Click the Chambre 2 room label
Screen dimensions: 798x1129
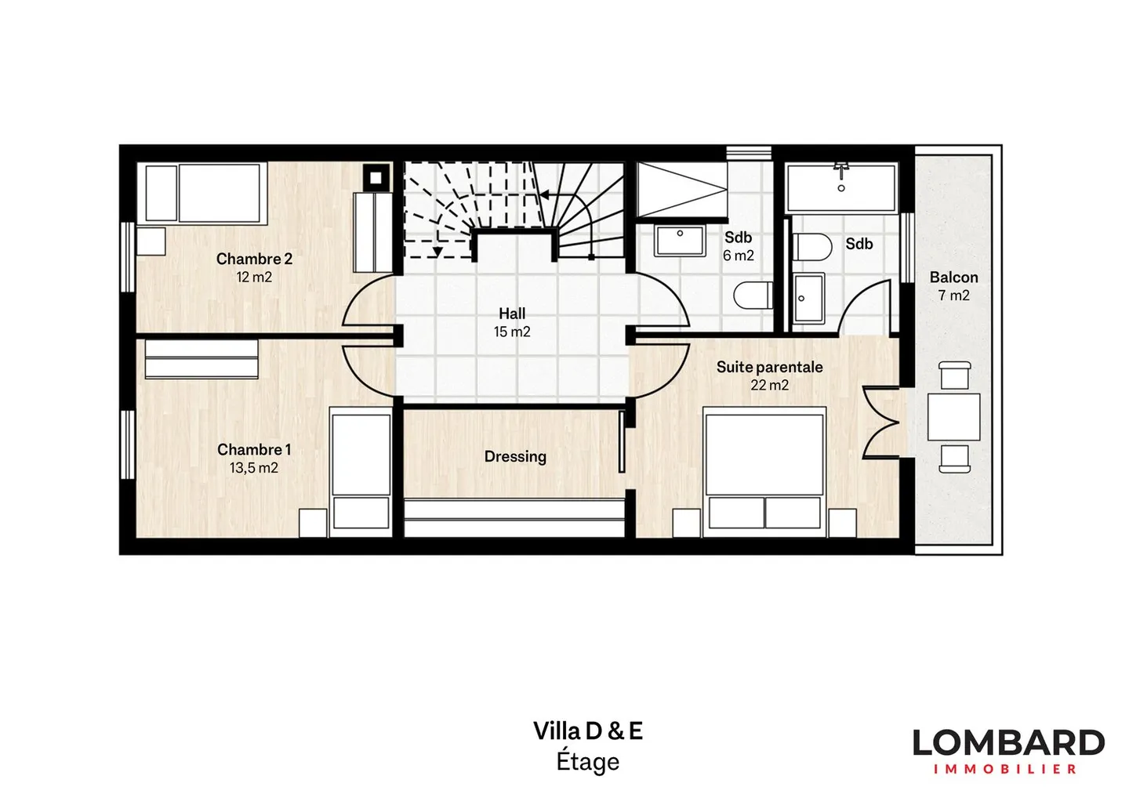[x=254, y=259]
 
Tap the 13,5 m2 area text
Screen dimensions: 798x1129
[x=253, y=468]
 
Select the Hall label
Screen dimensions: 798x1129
[x=512, y=314]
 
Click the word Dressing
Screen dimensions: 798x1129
[x=514, y=456]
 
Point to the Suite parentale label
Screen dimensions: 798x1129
[x=769, y=367]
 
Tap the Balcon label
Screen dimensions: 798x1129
[x=953, y=277]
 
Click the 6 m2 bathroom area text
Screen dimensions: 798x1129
[x=738, y=256]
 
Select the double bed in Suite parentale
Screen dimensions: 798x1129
[x=764, y=470]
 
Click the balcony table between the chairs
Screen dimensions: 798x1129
[x=953, y=417]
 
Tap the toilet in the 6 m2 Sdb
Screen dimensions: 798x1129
[x=751, y=296]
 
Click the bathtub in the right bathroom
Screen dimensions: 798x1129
[x=840, y=187]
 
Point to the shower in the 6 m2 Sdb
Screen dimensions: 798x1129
[x=681, y=190]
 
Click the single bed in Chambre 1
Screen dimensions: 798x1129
[x=361, y=469]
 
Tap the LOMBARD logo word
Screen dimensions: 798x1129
[x=1008, y=742]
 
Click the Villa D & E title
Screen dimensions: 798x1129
[x=587, y=731]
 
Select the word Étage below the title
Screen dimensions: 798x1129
[x=587, y=761]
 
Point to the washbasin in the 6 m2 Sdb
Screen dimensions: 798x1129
[x=679, y=241]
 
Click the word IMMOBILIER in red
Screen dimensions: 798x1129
[x=1005, y=769]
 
